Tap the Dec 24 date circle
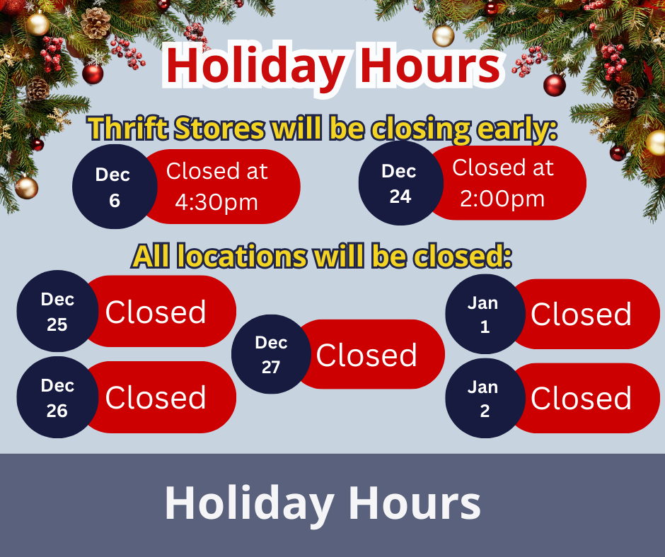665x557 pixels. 400,184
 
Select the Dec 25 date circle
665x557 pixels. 57,311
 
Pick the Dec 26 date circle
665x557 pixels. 57,397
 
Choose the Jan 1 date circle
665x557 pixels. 484,314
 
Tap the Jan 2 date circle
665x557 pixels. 484,398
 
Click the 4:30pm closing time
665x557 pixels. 216,202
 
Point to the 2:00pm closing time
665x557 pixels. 502,199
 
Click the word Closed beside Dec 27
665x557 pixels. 366,355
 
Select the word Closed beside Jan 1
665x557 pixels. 581,315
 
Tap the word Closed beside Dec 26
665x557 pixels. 156,398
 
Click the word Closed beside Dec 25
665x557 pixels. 156,312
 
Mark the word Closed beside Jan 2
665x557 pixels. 581,399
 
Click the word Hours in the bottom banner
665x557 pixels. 415,503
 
